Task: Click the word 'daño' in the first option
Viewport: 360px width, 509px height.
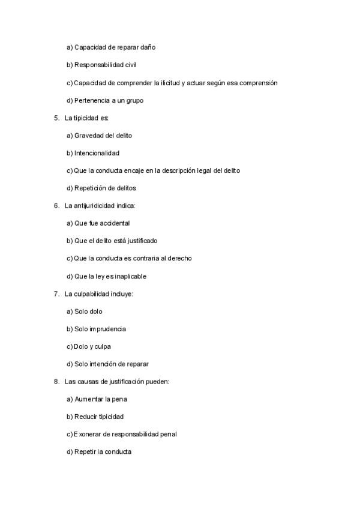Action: pyautogui.click(x=148, y=47)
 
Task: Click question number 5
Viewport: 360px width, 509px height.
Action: pyautogui.click(x=56, y=118)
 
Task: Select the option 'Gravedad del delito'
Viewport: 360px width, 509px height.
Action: pyautogui.click(x=99, y=136)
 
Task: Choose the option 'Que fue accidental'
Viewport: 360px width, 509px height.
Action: pyautogui.click(x=98, y=223)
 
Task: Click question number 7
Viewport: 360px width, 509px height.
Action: pyautogui.click(x=56, y=294)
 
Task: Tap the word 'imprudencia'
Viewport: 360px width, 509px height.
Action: pyautogui.click(x=108, y=329)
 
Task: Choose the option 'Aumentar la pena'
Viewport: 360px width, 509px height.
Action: pyautogui.click(x=97, y=399)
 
